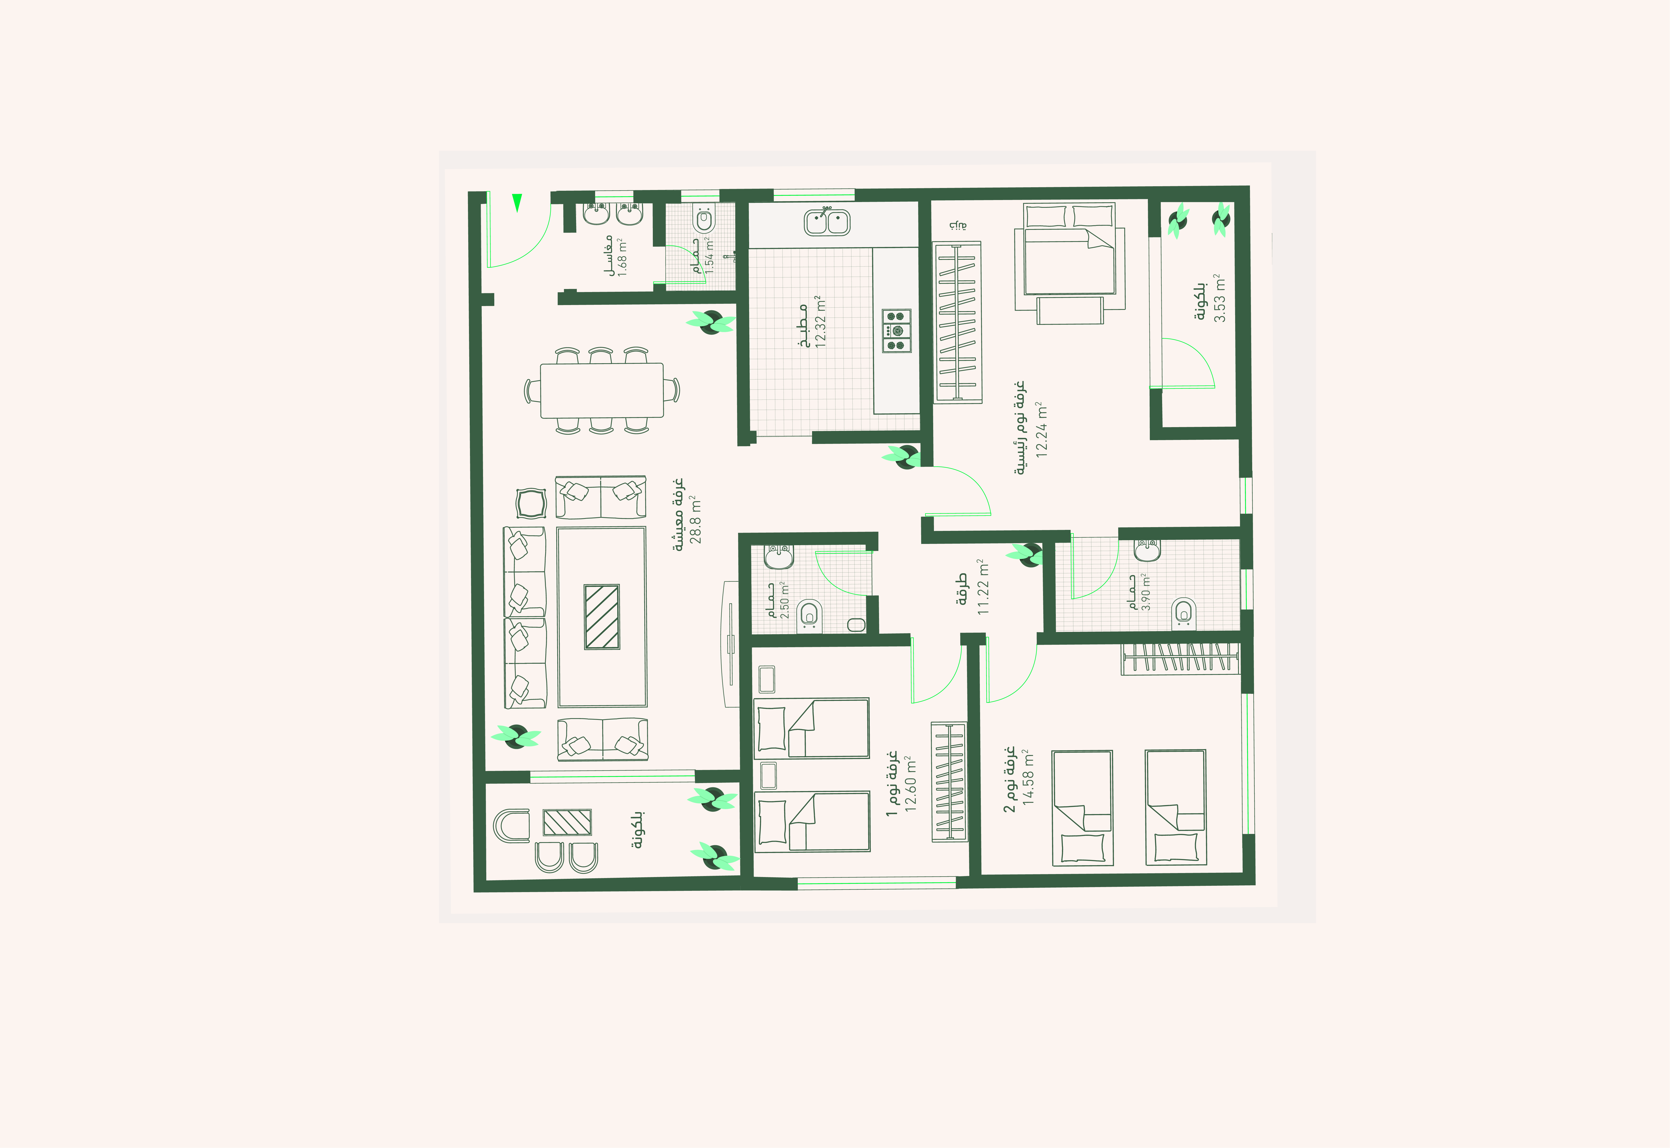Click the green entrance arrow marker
(517, 203)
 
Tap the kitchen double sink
(827, 222)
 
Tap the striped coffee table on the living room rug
(602, 616)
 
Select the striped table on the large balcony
(567, 822)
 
